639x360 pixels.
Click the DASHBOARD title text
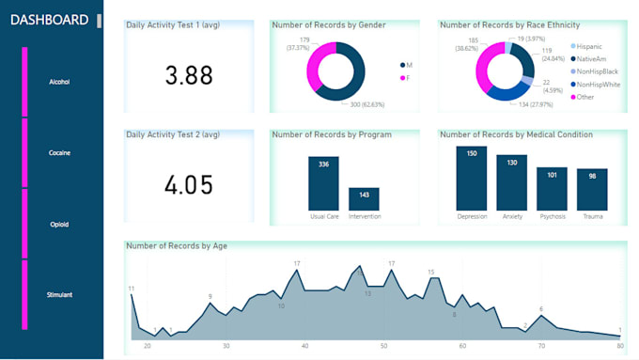[50, 20]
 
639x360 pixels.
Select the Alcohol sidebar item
[59, 82]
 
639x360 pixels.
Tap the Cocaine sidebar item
[59, 152]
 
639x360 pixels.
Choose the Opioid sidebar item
[59, 224]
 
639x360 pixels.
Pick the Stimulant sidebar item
[59, 294]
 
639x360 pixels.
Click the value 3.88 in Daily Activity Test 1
[189, 76]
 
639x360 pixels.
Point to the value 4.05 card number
[189, 185]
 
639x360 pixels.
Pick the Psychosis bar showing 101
[552, 189]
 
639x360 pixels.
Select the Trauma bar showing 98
[592, 190]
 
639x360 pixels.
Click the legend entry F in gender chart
[408, 78]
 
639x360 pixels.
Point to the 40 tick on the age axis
[305, 346]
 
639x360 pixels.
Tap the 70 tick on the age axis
[541, 346]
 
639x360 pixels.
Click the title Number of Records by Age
[176, 246]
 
